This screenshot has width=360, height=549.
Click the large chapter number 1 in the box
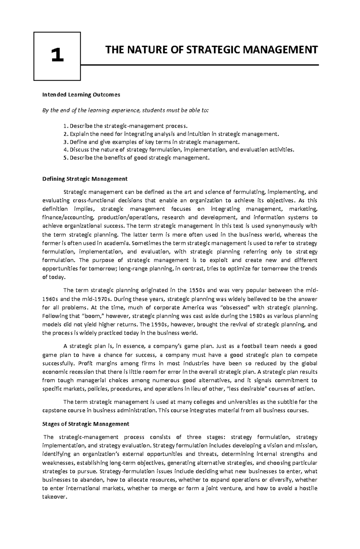coord(57,56)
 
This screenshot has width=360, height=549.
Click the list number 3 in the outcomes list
coord(65,142)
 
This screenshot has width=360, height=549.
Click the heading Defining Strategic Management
coord(85,179)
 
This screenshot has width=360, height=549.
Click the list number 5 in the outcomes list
coord(65,158)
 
